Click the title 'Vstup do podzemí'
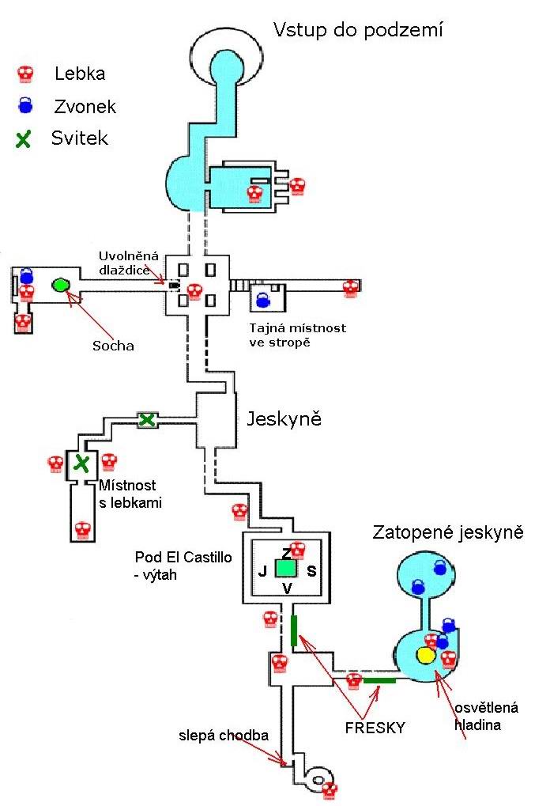pyautogui.click(x=357, y=31)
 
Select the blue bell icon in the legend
pyautogui.click(x=25, y=106)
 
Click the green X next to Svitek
pyautogui.click(x=24, y=139)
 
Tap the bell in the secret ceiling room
pyautogui.click(x=262, y=300)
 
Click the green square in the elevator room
pyautogui.click(x=285, y=568)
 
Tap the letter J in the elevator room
pyautogui.click(x=262, y=569)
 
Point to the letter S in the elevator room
pyautogui.click(x=311, y=569)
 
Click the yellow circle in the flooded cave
pyautogui.click(x=426, y=655)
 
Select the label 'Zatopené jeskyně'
pyautogui.click(x=448, y=532)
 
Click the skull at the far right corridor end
pyautogui.click(x=351, y=288)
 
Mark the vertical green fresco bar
pyautogui.click(x=293, y=630)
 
